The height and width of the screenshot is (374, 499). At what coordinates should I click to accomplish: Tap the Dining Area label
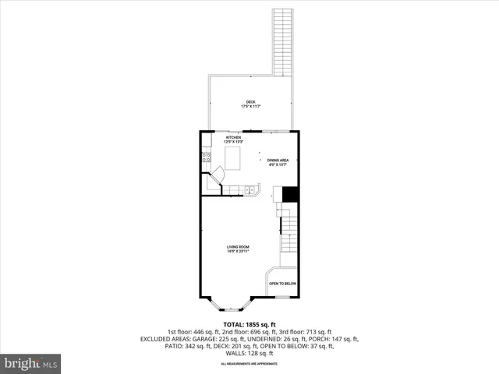pyautogui.click(x=278, y=161)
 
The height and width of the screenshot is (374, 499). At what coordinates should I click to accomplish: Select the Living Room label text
pyautogui.click(x=238, y=247)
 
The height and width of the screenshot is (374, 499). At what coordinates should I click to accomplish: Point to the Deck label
pyautogui.click(x=250, y=101)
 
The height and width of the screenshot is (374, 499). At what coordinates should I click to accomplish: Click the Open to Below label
pyautogui.click(x=283, y=284)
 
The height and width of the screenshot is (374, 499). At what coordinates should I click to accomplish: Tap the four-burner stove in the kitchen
pyautogui.click(x=207, y=158)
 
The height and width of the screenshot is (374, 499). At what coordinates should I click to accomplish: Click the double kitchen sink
pyautogui.click(x=250, y=189)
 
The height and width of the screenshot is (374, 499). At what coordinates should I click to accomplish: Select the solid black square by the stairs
pyautogui.click(x=290, y=194)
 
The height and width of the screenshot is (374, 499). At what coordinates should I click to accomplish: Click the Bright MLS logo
pyautogui.click(x=31, y=363)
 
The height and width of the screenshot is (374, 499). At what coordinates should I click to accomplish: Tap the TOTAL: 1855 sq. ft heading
pyautogui.click(x=249, y=324)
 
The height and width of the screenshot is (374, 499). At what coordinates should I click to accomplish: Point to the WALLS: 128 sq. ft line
pyautogui.click(x=249, y=355)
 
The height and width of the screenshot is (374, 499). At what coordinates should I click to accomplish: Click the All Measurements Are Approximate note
pyautogui.click(x=249, y=364)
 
